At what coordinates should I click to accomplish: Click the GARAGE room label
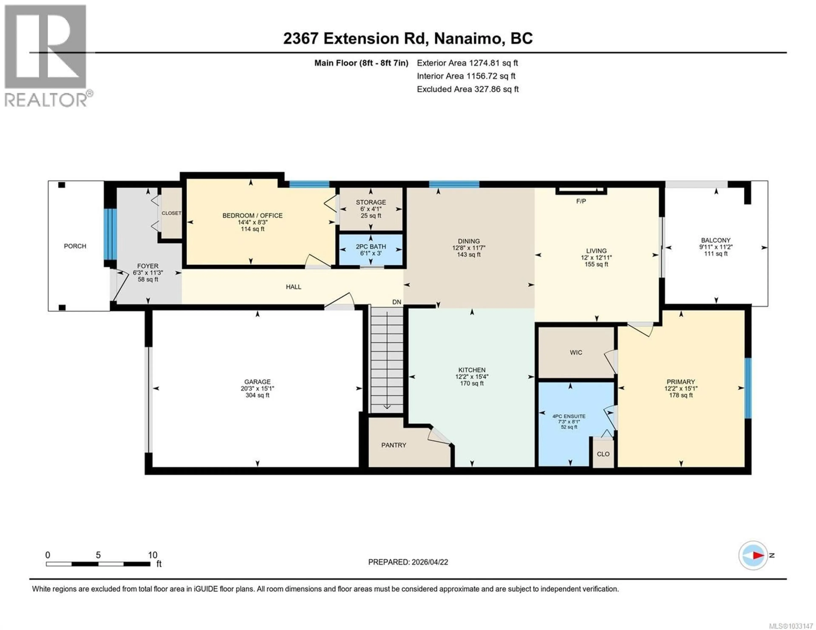click(257, 382)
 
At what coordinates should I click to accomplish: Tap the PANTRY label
click(393, 445)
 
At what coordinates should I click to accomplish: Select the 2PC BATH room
click(371, 249)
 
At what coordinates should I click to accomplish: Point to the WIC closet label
click(576, 352)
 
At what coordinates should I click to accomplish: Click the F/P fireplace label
click(581, 201)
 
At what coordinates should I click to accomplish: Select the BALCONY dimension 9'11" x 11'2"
click(715, 247)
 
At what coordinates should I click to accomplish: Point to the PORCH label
click(75, 246)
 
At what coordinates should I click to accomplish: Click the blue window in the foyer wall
click(110, 234)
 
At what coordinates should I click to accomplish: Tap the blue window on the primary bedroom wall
click(748, 388)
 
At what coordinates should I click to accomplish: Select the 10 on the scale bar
click(152, 555)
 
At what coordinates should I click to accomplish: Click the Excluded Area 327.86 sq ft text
click(467, 89)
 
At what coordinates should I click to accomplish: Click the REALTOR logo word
click(46, 100)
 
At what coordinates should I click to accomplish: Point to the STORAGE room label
click(371, 202)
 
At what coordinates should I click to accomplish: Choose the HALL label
click(293, 287)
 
